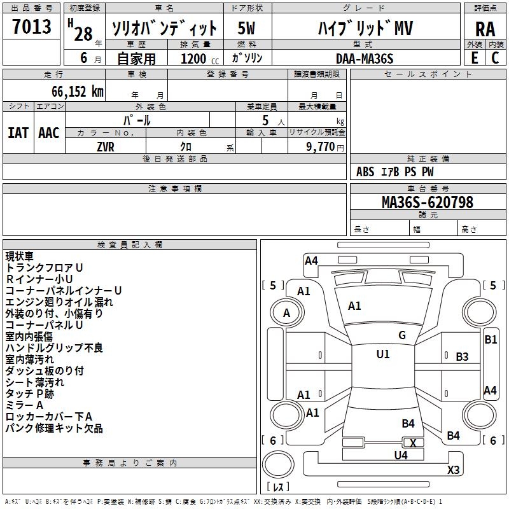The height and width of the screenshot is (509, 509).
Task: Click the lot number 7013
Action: tap(32, 27)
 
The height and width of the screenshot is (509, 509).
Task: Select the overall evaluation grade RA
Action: tap(485, 29)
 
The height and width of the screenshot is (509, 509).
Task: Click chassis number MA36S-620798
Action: tap(427, 202)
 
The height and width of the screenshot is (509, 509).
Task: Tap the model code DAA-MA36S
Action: tap(365, 58)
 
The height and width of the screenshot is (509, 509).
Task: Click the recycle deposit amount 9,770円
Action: tap(325, 146)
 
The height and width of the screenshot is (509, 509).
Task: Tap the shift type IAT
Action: tap(18, 132)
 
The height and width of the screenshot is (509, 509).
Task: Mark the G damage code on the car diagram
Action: tap(402, 335)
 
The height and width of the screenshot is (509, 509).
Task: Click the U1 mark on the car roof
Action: tap(382, 354)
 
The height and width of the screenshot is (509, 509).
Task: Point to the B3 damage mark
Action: tap(462, 357)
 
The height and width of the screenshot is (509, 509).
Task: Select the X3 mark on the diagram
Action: tap(453, 470)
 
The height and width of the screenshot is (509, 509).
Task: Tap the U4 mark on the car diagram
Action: tap(401, 455)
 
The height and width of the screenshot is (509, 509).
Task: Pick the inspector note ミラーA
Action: tap(24, 405)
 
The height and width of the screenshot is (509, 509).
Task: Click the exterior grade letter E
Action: tap(474, 58)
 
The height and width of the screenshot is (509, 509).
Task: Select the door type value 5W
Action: tap(248, 29)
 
